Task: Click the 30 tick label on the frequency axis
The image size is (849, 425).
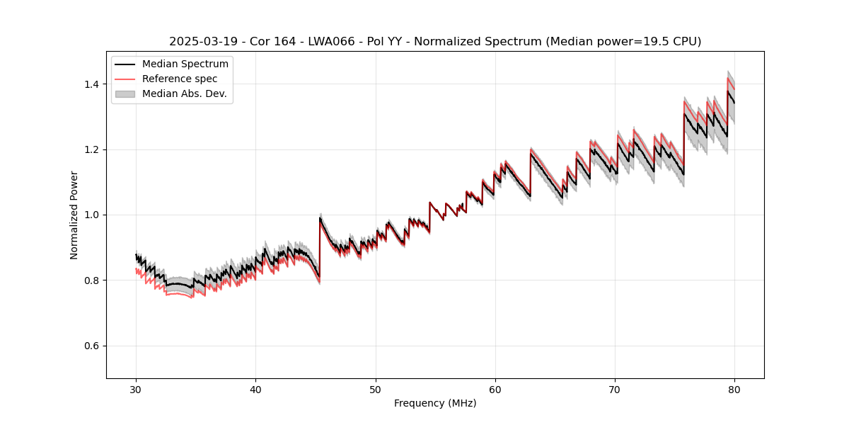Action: [136, 389]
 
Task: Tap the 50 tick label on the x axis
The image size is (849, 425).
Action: [376, 389]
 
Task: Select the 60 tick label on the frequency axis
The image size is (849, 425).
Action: [495, 389]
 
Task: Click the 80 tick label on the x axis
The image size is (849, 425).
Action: [734, 389]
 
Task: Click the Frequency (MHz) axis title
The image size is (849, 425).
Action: [435, 403]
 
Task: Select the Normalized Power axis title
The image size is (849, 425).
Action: [74, 215]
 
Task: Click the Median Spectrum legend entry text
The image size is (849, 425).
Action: [185, 64]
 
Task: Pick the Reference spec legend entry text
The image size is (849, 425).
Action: [180, 79]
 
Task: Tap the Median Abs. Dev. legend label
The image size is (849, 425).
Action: [185, 93]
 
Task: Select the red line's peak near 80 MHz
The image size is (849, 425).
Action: [727, 78]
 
